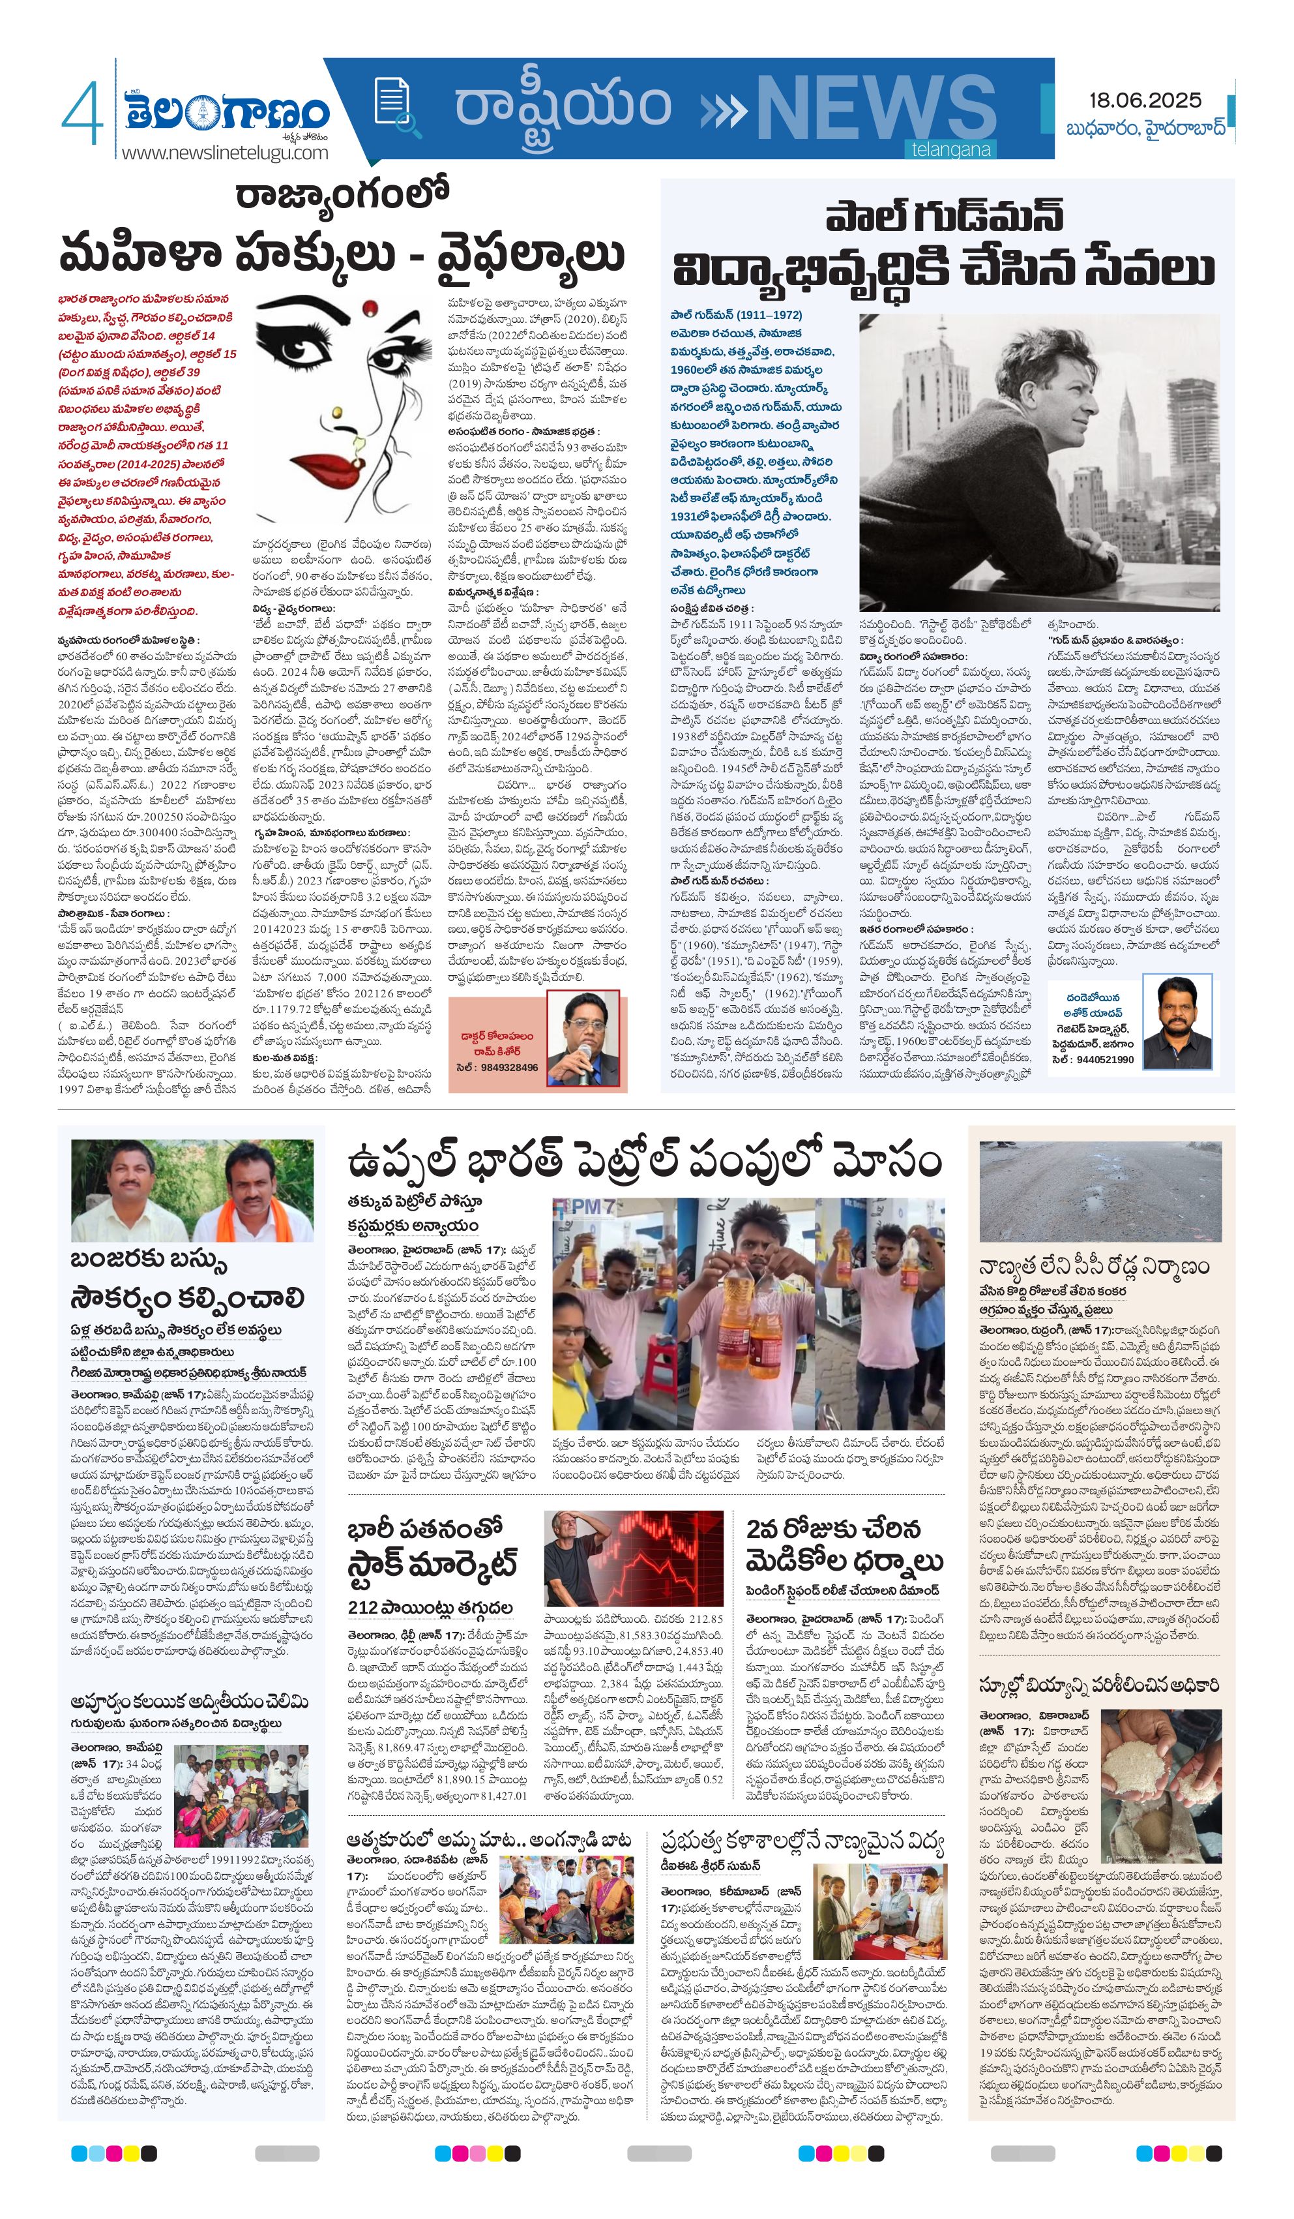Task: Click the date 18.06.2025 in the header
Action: pos(1144,100)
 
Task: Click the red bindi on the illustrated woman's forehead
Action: pos(370,307)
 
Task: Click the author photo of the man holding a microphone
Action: pos(583,1040)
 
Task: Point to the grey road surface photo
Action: pos(1100,1190)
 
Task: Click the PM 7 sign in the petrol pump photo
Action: pos(586,1207)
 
